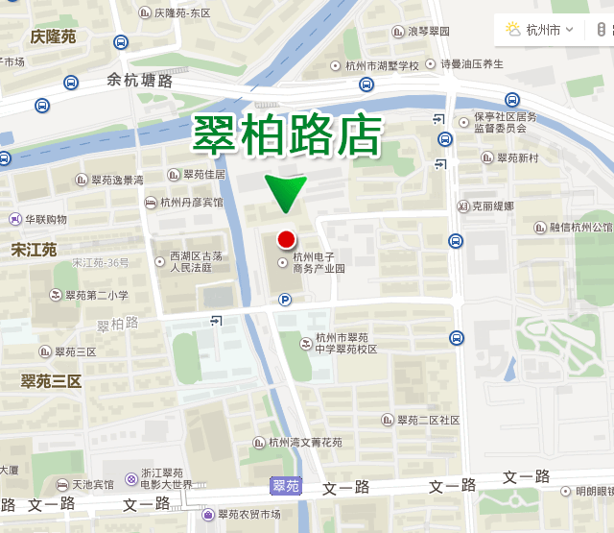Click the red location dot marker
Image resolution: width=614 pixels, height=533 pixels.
click(x=285, y=240)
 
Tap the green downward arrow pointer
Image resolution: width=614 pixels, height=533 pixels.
click(x=285, y=192)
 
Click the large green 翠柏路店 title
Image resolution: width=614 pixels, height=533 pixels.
click(x=287, y=136)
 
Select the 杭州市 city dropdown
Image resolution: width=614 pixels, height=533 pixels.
click(x=542, y=30)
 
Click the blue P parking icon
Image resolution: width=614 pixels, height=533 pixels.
click(x=285, y=301)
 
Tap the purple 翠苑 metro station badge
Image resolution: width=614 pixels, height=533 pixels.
click(x=286, y=487)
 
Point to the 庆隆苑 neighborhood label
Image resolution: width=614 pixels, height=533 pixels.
click(x=53, y=37)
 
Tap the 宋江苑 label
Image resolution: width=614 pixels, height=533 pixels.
click(x=34, y=250)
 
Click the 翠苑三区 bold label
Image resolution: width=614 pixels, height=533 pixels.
click(x=51, y=381)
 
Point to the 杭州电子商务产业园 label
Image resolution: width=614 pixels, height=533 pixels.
click(x=319, y=262)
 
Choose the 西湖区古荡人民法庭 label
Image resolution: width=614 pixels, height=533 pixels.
click(x=196, y=262)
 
